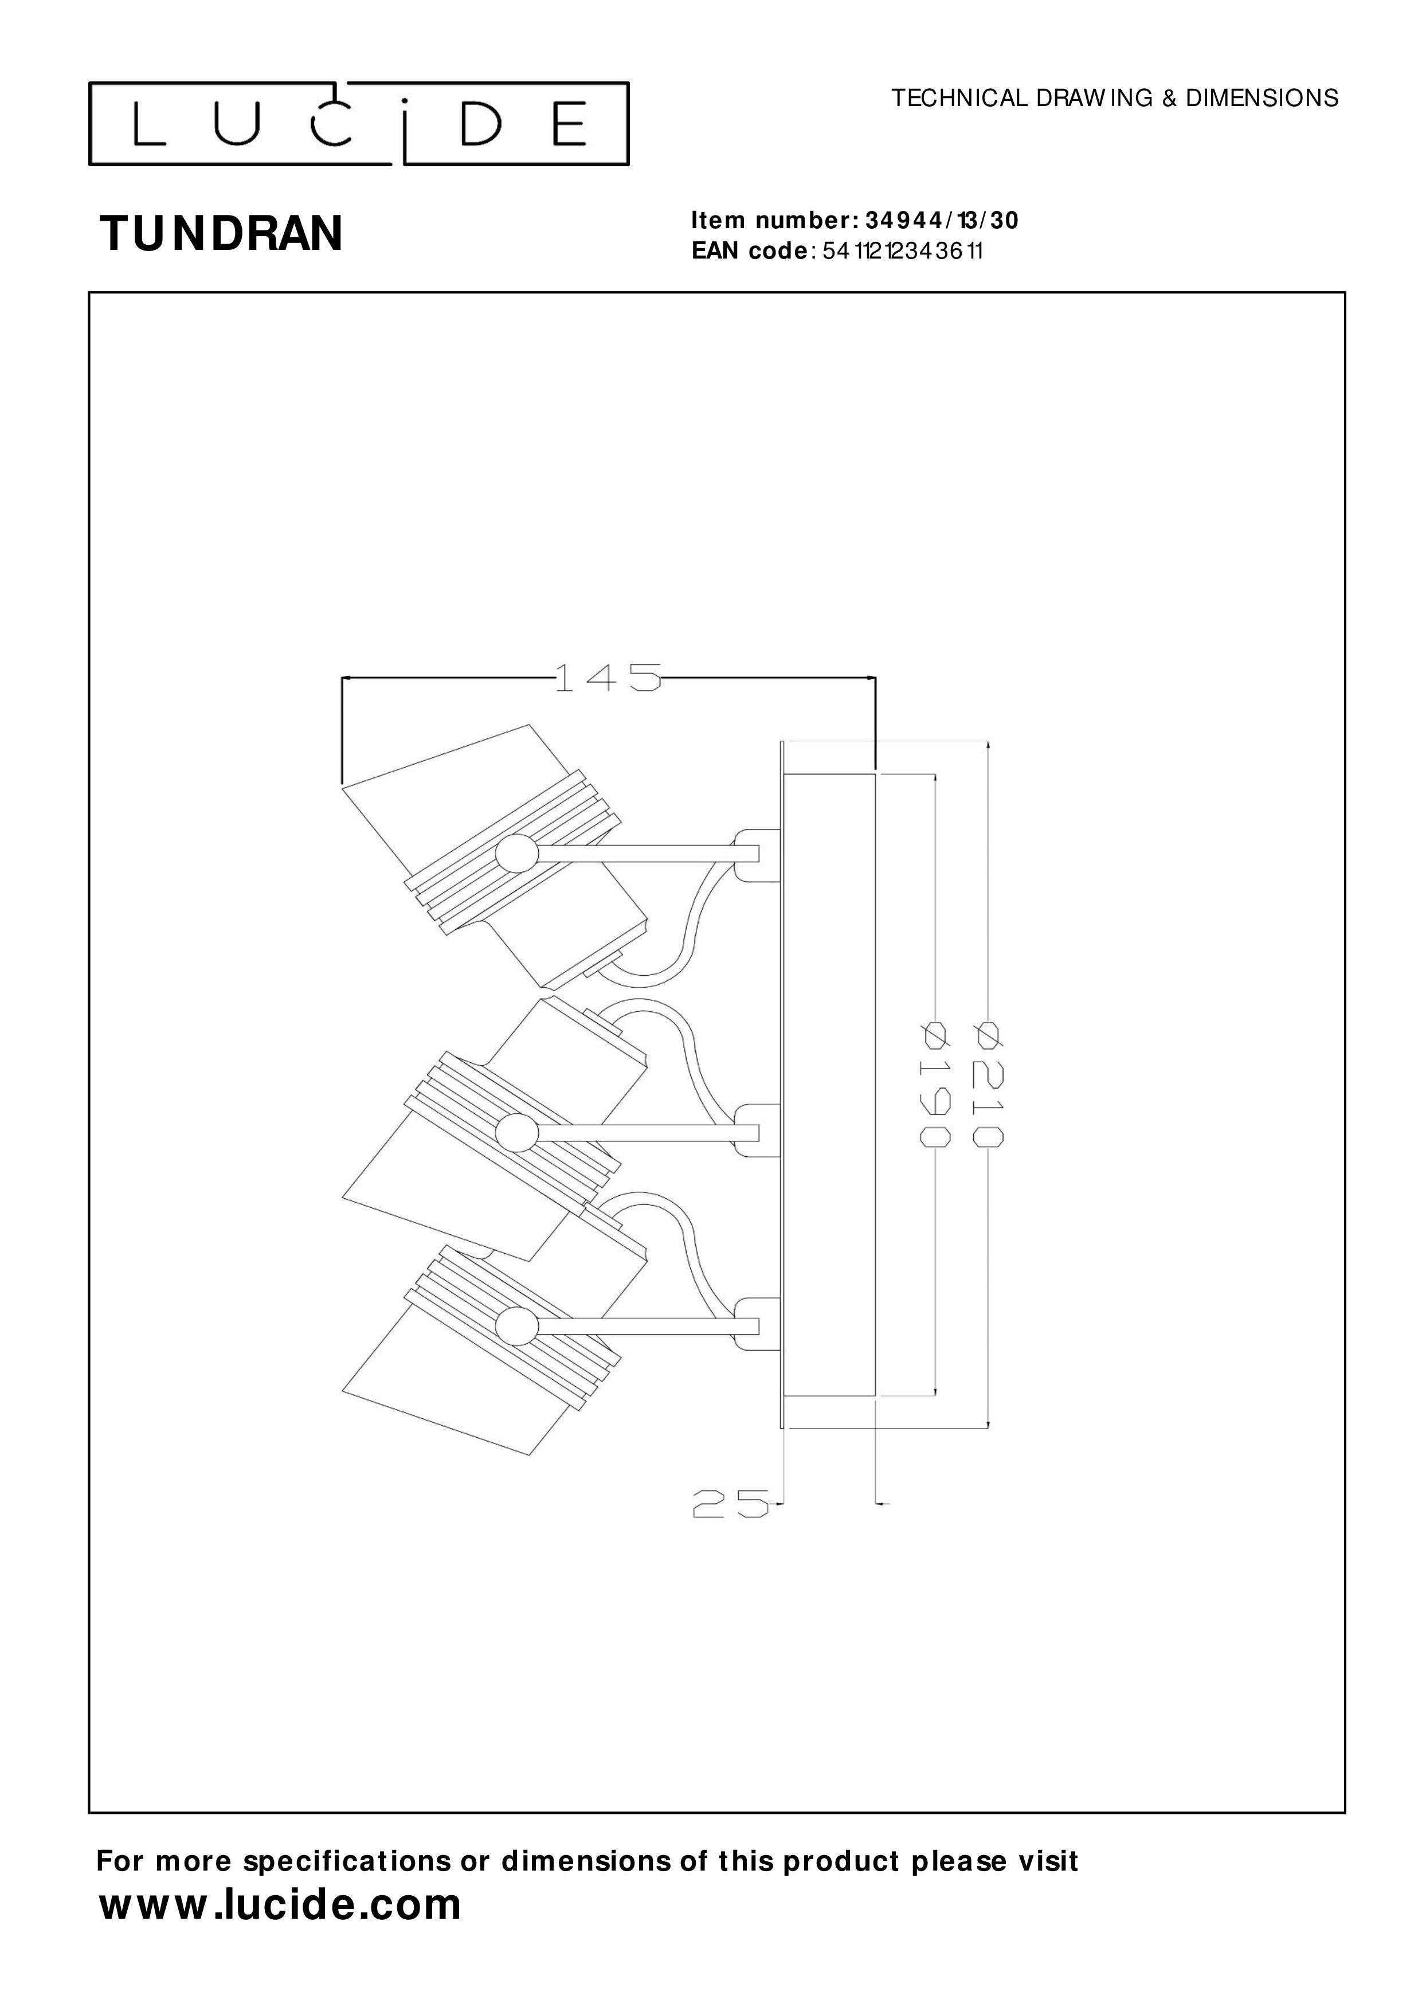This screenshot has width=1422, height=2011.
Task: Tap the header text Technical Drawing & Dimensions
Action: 1115,98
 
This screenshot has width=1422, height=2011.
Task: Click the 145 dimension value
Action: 607,678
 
